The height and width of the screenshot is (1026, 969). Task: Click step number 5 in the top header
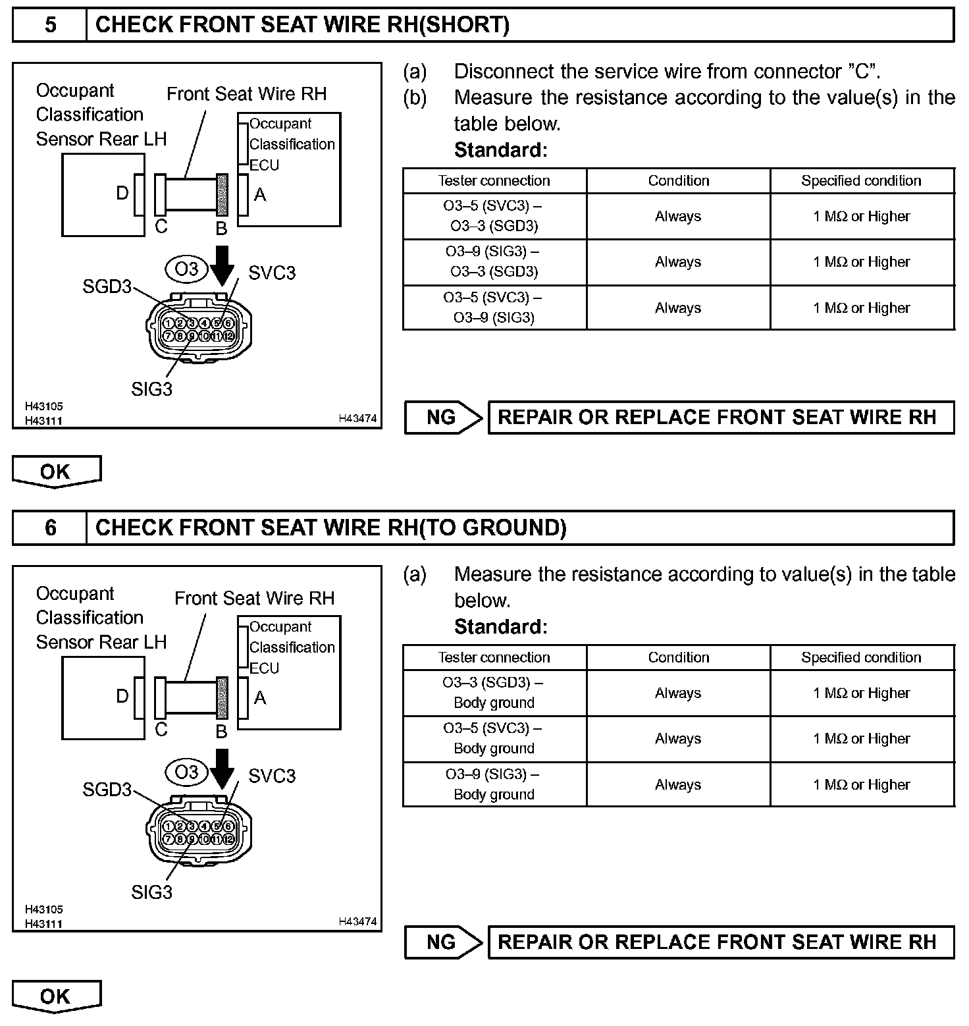pos(50,25)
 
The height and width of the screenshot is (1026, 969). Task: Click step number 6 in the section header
pos(50,527)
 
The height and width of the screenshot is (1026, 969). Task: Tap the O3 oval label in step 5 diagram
pos(186,269)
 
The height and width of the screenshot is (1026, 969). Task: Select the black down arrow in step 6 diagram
pos(223,768)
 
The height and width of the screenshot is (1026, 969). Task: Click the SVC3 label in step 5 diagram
pos(272,273)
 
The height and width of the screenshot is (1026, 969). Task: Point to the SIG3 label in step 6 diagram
pos(151,892)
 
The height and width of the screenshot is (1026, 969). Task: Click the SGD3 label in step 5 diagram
pos(107,286)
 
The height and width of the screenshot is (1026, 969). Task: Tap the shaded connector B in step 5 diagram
pos(222,194)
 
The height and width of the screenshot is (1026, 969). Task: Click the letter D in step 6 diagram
pos(122,696)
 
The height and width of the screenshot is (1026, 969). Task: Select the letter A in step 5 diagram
pos(260,195)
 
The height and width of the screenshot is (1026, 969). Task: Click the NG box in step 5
pos(442,418)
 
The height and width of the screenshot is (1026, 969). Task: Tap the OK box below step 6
pos(55,996)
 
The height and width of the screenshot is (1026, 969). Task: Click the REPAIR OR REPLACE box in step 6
pos(720,942)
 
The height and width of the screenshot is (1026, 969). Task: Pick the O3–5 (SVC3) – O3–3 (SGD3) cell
pos(494,216)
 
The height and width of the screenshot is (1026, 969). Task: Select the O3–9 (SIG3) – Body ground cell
pos(494,784)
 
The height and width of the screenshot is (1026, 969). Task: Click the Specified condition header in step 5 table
pos(861,180)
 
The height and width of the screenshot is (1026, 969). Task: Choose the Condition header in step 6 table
pos(678,657)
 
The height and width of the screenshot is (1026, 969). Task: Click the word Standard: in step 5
pos(500,150)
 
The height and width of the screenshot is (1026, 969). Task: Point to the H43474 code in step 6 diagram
pos(357,921)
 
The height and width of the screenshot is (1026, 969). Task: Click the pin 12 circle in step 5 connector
pos(228,336)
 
